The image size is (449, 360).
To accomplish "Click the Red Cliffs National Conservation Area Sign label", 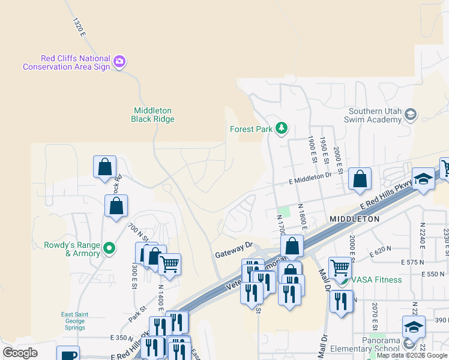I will pos(66,62).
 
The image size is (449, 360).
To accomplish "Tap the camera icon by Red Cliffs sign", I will pos(119,62).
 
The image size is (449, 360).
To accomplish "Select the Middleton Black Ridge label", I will pos(152,115).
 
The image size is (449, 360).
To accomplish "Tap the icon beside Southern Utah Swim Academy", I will pos(411,114).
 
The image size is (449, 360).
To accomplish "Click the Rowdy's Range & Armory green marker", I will pos(109,247).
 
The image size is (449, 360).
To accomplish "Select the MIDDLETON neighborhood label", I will pos(354,220).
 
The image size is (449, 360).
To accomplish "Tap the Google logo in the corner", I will pos(20,353).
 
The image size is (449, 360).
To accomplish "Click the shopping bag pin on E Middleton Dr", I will pos(360,178).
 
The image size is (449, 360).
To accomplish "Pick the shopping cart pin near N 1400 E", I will pos(170,263).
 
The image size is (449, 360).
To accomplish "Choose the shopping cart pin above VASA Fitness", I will pos(340,266).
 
